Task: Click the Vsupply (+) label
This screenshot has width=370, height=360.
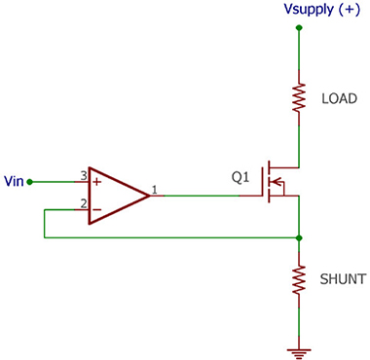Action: tap(321, 10)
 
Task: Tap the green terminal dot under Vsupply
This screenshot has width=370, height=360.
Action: tap(299, 28)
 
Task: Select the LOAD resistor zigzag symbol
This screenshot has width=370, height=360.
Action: tap(299, 98)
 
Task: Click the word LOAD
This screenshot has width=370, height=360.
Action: tap(339, 98)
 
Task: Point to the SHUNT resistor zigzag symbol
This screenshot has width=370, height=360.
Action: tap(299, 280)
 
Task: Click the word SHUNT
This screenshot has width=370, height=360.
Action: tap(343, 279)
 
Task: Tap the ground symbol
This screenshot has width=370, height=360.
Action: tap(299, 353)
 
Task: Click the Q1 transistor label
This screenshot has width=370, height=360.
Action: tap(240, 178)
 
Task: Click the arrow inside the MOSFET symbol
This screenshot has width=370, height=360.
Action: tap(276, 182)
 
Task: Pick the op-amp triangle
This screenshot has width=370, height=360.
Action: tap(120, 196)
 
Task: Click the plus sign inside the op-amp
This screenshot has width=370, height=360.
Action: tap(96, 182)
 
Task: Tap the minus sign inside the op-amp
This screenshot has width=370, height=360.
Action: tap(96, 209)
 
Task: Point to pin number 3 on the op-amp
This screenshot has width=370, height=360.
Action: tap(84, 176)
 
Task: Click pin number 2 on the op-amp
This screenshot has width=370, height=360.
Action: tap(84, 204)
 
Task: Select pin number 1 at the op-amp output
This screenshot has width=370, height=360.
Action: tap(155, 190)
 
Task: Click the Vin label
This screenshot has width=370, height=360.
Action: tap(14, 181)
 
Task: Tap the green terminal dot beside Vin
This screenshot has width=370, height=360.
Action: tap(29, 182)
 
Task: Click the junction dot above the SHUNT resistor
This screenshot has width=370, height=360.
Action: tap(299, 238)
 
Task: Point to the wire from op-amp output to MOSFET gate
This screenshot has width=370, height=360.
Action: tap(202, 196)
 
